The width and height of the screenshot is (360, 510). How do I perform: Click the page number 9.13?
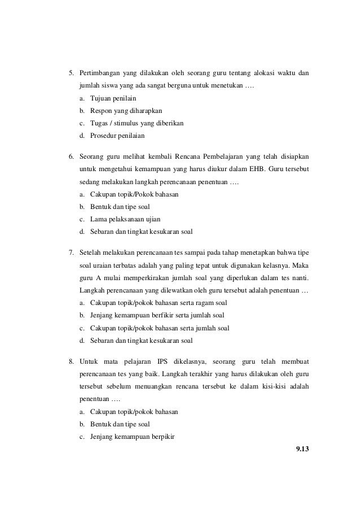click(x=303, y=449)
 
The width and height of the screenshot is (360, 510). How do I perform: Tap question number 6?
click(x=71, y=155)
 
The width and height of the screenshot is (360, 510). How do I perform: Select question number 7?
click(x=71, y=252)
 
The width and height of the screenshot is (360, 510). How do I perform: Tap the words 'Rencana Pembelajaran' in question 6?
click(x=185, y=155)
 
